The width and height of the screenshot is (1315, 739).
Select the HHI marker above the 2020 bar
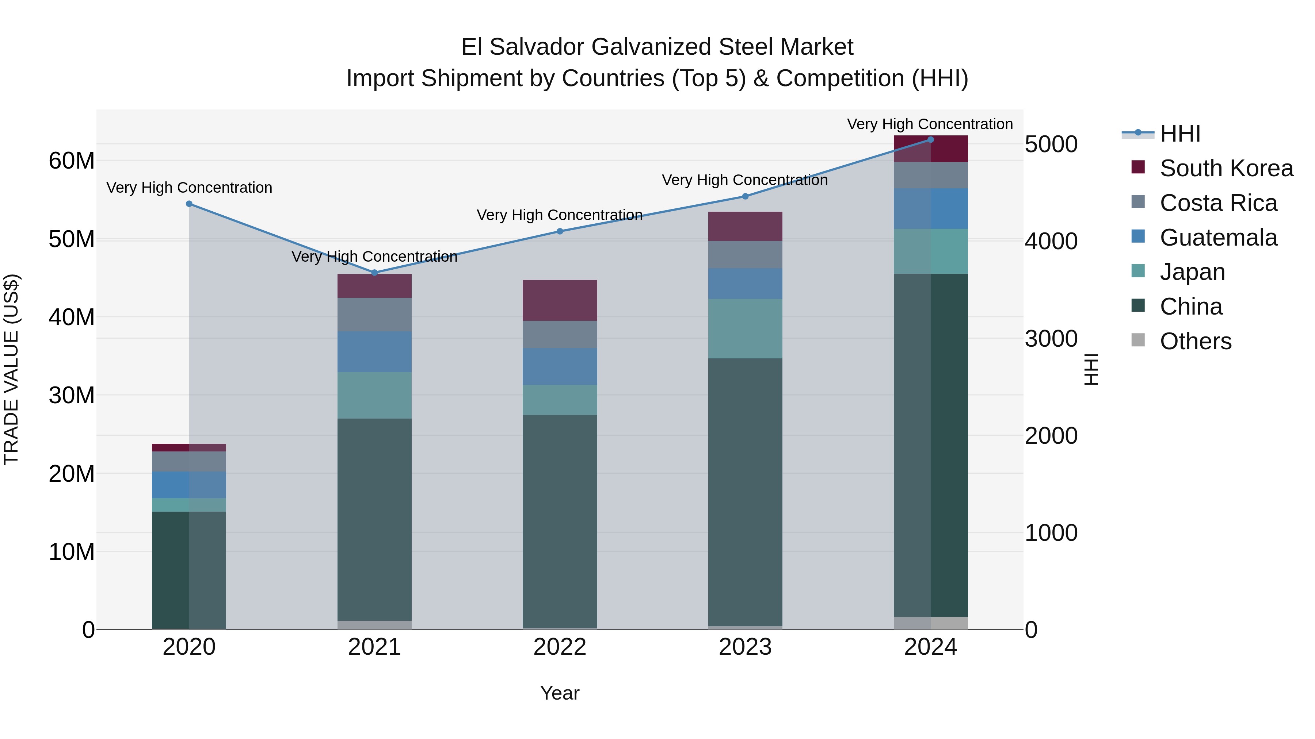(189, 204)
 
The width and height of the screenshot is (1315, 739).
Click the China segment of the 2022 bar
(560, 520)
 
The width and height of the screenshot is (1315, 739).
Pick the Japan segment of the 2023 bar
(745, 328)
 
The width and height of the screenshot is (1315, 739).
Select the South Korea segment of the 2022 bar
(560, 300)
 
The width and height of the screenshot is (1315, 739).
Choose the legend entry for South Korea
(1226, 168)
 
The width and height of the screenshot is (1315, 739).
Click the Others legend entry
(1196, 341)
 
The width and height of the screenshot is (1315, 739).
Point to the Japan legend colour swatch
(1138, 271)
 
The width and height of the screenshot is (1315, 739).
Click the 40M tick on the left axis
(72, 317)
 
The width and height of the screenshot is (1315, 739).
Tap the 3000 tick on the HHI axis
(1051, 339)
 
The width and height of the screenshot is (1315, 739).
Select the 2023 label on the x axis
(745, 647)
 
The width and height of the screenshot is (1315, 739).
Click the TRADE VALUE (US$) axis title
(11, 369)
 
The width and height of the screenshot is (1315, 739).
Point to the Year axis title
(560, 693)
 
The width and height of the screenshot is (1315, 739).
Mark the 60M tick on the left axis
(72, 161)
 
